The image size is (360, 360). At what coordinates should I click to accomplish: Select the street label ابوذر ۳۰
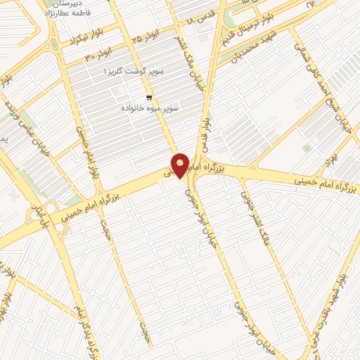pos(98,56)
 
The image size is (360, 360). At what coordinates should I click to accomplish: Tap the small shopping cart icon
pos(148,98)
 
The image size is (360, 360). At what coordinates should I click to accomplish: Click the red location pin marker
pos(180,165)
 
